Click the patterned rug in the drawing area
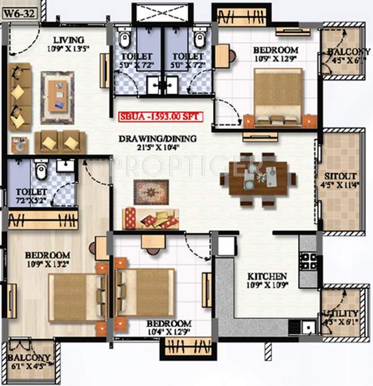151,192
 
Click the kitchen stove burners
309,261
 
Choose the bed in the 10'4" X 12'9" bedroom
145,292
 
